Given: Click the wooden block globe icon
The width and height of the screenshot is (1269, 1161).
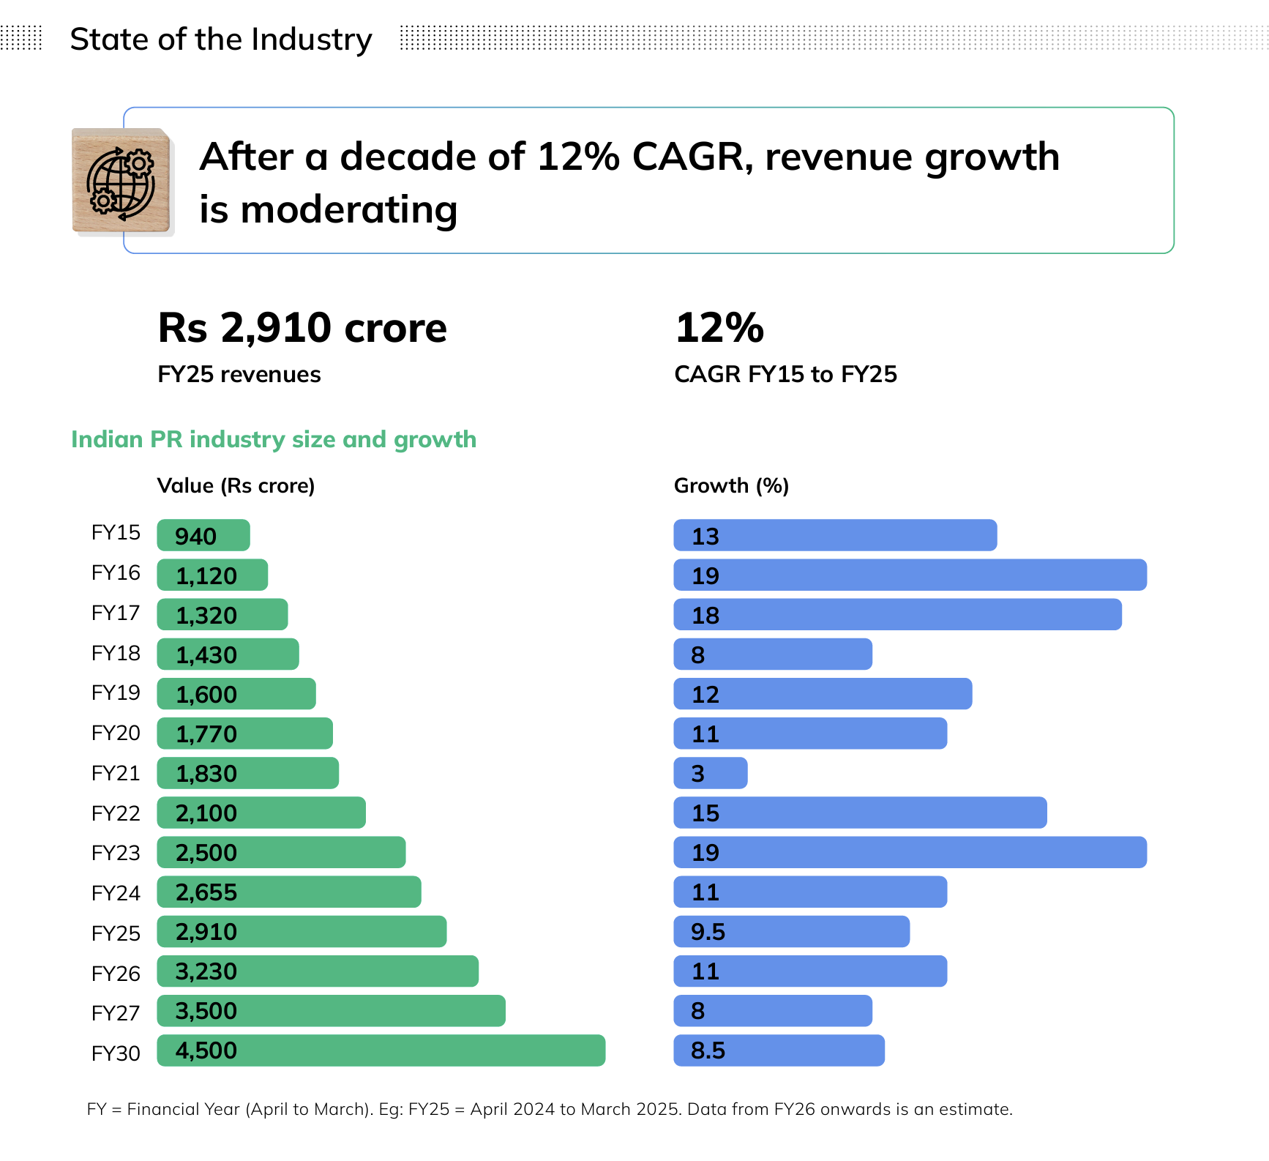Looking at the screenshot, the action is point(121,182).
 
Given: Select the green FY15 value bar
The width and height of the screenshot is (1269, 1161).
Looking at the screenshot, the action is point(203,535).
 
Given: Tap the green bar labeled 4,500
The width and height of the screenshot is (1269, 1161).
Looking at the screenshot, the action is point(381,1050).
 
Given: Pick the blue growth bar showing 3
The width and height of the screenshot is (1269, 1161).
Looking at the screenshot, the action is point(711,773).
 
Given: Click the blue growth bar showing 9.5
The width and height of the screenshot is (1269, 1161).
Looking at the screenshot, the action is point(792,932).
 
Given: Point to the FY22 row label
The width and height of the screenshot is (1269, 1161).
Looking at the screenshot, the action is point(116,813).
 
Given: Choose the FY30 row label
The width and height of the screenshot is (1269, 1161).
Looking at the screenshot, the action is point(116,1053).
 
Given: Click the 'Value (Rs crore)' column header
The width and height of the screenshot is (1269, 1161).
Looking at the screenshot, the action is point(236,486).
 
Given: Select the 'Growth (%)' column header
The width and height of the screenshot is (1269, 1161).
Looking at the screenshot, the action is point(731,486).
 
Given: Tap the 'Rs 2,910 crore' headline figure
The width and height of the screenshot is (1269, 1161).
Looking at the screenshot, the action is point(302,327).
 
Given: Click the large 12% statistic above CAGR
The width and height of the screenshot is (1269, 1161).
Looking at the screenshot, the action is point(719,327).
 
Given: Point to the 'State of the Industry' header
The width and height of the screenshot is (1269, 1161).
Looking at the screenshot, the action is point(221,40).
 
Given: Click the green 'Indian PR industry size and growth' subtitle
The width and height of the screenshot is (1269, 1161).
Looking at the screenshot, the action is point(274,439).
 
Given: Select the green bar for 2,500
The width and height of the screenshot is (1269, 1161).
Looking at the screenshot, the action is point(281,852).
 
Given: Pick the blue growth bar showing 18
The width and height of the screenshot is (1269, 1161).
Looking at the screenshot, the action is point(898,614).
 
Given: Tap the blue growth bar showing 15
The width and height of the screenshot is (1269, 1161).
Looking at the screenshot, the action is point(861,813).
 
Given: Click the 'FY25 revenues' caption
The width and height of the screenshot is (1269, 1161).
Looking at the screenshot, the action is point(239,375).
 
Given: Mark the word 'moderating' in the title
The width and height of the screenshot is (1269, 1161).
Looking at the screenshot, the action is point(349,210).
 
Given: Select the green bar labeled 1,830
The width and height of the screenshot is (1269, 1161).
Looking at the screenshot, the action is point(248,773).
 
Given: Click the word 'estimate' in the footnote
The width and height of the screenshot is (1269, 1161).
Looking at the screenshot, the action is point(973,1109).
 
